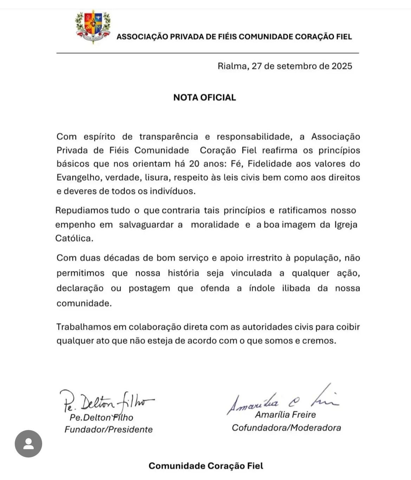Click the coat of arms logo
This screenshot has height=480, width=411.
click(93, 27)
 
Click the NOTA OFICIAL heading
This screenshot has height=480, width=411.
click(204, 97)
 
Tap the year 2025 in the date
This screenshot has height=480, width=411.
click(342, 66)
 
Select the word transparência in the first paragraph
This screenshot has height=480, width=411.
click(168, 137)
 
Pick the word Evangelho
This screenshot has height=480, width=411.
click(78, 177)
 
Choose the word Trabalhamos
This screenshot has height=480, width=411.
click(83, 327)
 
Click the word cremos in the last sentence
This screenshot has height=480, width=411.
click(319, 341)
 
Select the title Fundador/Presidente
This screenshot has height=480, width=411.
click(109, 429)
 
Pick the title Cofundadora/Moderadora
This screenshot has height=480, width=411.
click(286, 428)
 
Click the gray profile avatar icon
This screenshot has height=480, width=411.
click(28, 444)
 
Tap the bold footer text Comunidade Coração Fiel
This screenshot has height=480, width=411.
click(205, 466)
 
